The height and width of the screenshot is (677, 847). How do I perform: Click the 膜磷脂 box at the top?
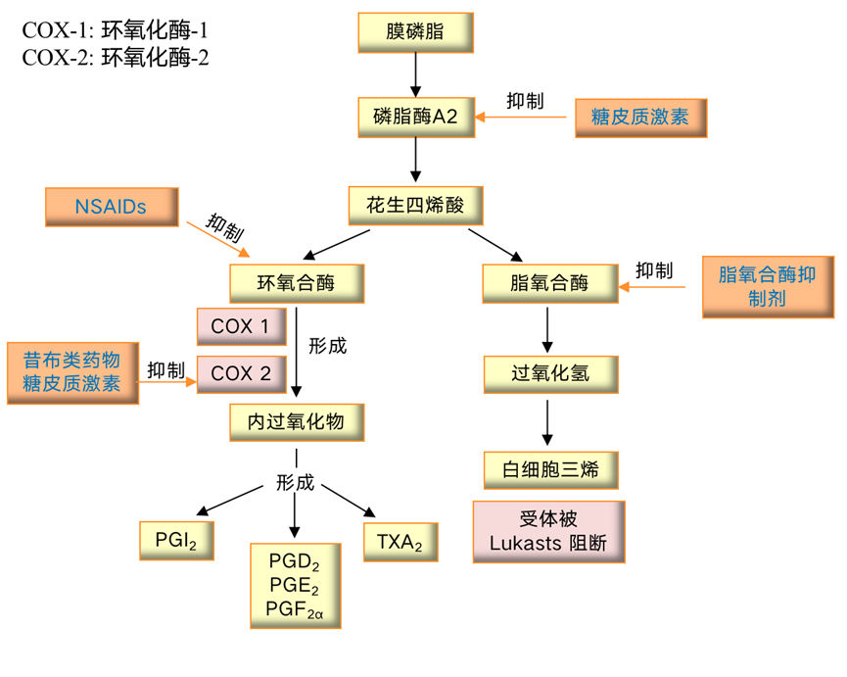(x=415, y=32)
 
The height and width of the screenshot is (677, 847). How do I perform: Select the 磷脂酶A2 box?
(x=415, y=117)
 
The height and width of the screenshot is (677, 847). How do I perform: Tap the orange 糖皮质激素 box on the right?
(x=639, y=118)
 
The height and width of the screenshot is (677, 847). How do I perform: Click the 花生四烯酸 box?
(x=415, y=206)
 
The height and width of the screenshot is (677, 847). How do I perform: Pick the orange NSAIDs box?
(x=111, y=207)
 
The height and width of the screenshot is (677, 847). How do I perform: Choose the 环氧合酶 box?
(x=296, y=283)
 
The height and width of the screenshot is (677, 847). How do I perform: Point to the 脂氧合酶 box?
(x=549, y=283)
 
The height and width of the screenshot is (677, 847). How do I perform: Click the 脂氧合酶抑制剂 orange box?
(x=767, y=287)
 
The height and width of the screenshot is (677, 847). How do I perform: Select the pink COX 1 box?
(x=241, y=326)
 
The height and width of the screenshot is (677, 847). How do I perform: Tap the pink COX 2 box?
(x=241, y=373)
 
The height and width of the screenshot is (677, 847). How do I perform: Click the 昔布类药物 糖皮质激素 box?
(x=71, y=371)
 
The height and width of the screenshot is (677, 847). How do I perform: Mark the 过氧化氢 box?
(x=550, y=373)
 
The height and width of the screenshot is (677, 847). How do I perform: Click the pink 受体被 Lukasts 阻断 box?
(x=548, y=532)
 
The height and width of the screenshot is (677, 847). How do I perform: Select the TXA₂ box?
(x=400, y=541)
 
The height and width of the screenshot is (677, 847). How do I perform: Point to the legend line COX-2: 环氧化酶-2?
(x=116, y=57)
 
